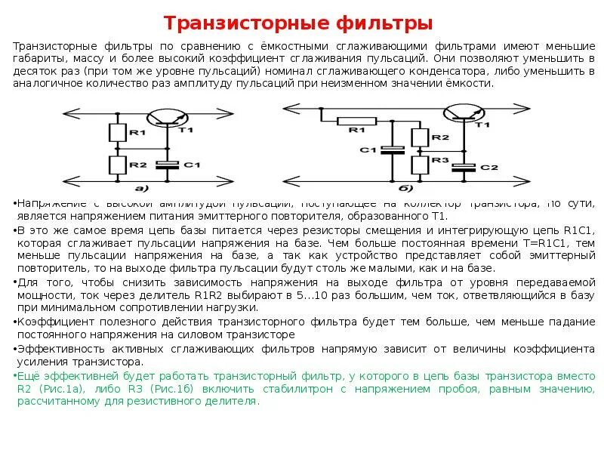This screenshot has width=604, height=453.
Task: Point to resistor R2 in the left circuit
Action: (117, 164)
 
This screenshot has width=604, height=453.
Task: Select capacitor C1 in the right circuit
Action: (390, 149)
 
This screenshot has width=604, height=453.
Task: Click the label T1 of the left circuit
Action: (186, 130)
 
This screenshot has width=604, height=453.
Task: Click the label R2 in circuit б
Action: (440, 137)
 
